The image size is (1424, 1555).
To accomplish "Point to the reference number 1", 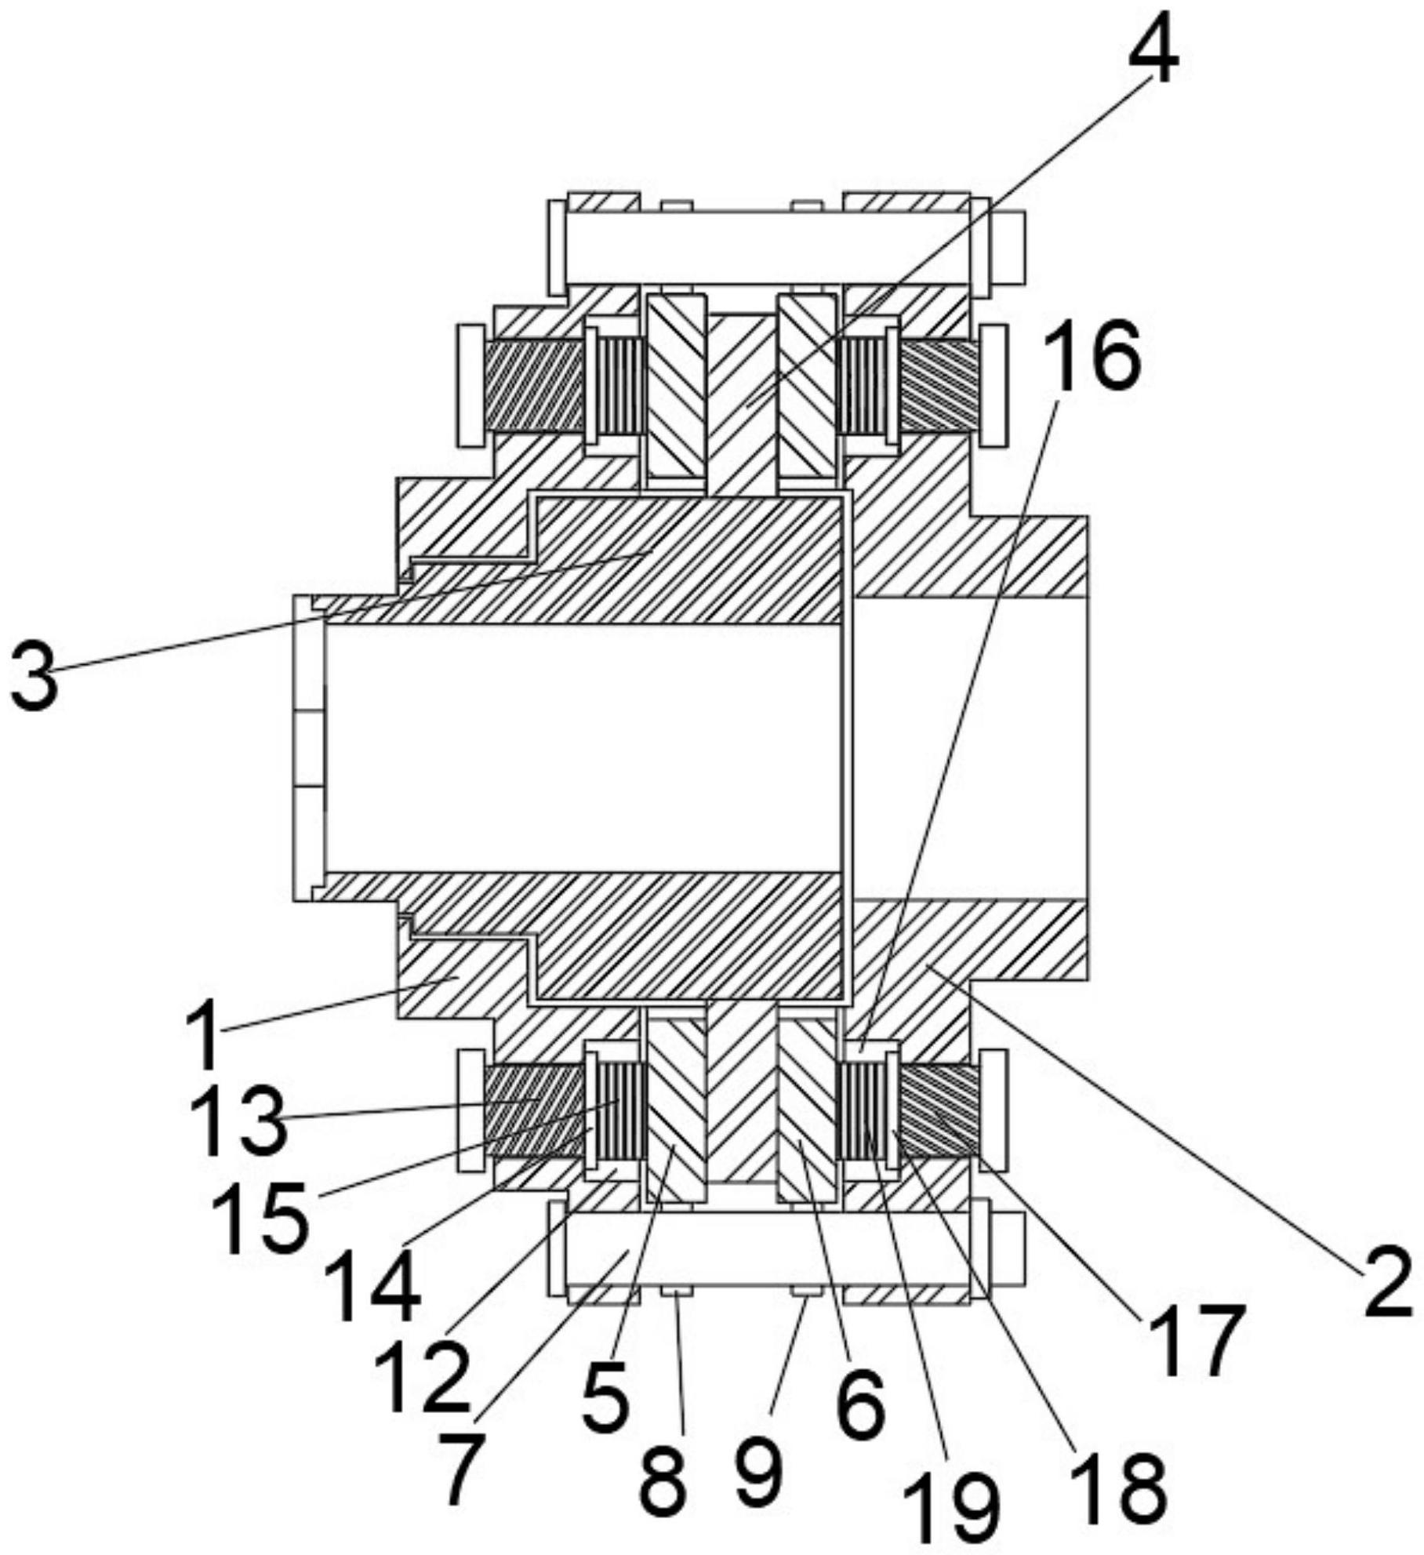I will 205,1041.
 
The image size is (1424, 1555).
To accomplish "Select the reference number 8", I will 663,1469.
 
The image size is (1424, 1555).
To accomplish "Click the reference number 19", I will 950,1503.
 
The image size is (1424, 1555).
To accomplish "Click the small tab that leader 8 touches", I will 676,1295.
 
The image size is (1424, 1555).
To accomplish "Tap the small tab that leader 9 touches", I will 807,1295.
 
